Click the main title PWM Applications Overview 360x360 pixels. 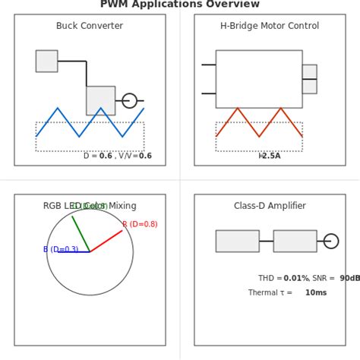[180, 5]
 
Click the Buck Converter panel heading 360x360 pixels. [90, 26]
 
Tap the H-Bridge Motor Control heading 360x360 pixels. [270, 26]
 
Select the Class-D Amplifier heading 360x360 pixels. [270, 206]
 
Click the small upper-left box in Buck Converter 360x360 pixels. [46, 61]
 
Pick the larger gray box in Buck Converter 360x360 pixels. [100, 100]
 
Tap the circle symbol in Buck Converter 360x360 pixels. [130, 100]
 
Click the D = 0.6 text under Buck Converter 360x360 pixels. [97, 156]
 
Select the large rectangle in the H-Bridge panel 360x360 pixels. [259, 79]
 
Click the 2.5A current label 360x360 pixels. [270, 156]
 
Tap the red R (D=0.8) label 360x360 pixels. [140, 224]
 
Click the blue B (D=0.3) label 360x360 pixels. [61, 249]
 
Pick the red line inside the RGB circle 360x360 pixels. [106, 241]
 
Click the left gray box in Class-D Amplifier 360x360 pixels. [237, 241]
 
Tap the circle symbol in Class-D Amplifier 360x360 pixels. [331, 241]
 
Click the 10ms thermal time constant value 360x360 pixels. [316, 292]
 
